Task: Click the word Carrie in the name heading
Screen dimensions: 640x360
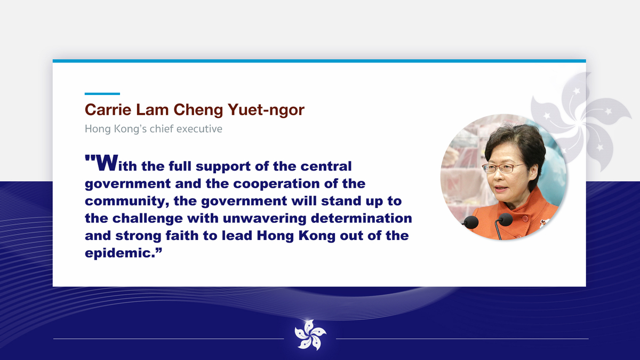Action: (x=108, y=110)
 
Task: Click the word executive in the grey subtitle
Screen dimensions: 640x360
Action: (x=199, y=129)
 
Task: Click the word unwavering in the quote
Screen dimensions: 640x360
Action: (x=265, y=219)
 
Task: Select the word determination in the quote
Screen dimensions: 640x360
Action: (x=362, y=218)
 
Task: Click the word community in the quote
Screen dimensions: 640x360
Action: (x=124, y=201)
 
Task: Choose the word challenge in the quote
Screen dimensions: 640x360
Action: (x=147, y=219)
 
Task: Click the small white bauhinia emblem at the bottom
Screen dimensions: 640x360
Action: (x=310, y=335)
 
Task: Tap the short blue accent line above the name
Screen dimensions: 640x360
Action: (x=102, y=94)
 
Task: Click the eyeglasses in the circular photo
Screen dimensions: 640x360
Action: (x=503, y=168)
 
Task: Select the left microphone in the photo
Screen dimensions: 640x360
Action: (x=470, y=222)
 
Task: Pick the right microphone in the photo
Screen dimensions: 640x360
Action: (x=505, y=219)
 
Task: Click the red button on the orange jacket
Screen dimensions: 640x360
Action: (x=525, y=219)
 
